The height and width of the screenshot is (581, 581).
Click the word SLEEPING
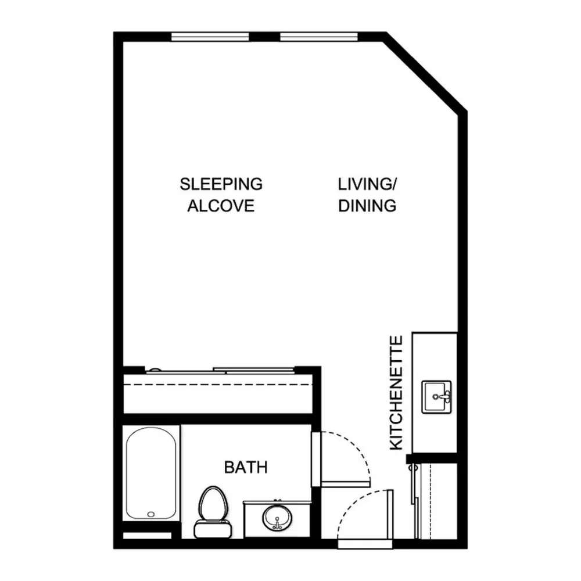pyautogui.click(x=221, y=184)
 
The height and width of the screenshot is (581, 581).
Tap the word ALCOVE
pyautogui.click(x=221, y=206)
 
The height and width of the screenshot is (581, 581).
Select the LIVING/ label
pyautogui.click(x=367, y=184)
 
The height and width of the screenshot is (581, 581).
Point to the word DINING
pyautogui.click(x=367, y=206)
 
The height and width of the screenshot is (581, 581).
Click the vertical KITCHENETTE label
pyautogui.click(x=396, y=393)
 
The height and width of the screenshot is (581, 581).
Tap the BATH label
pyautogui.click(x=246, y=467)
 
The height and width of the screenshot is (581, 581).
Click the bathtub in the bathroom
pyautogui.click(x=151, y=473)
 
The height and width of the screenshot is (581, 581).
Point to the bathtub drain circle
pyautogui.click(x=151, y=514)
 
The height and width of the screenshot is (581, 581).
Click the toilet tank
pyautogui.click(x=213, y=529)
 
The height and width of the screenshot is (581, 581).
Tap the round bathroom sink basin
pyautogui.click(x=277, y=518)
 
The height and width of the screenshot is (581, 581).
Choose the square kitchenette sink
pyautogui.click(x=436, y=397)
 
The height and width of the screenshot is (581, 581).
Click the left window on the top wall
pyautogui.click(x=210, y=37)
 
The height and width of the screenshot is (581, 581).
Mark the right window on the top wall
pyautogui.click(x=318, y=37)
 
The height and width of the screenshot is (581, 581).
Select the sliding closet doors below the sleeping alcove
pyautogui.click(x=220, y=371)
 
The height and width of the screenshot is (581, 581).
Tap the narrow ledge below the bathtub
pyautogui.click(x=147, y=536)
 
